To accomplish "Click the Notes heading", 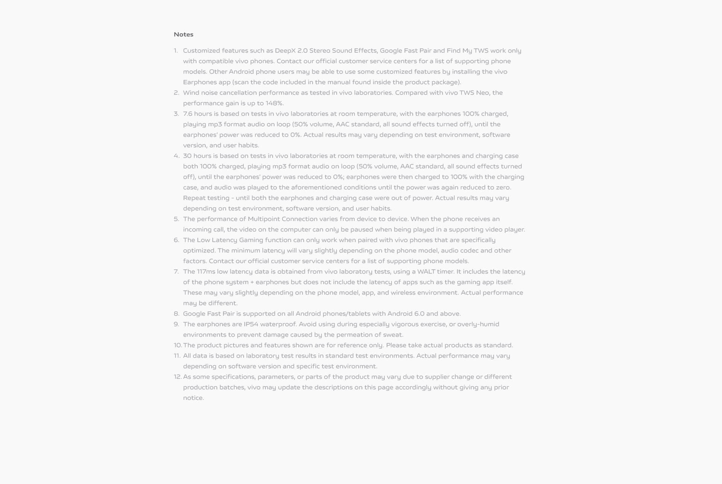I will tap(184, 34).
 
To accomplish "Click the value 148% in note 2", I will tap(274, 103).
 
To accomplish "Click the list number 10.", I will tap(177, 345).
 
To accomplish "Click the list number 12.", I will tap(177, 377).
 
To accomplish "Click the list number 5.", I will tap(176, 219).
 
